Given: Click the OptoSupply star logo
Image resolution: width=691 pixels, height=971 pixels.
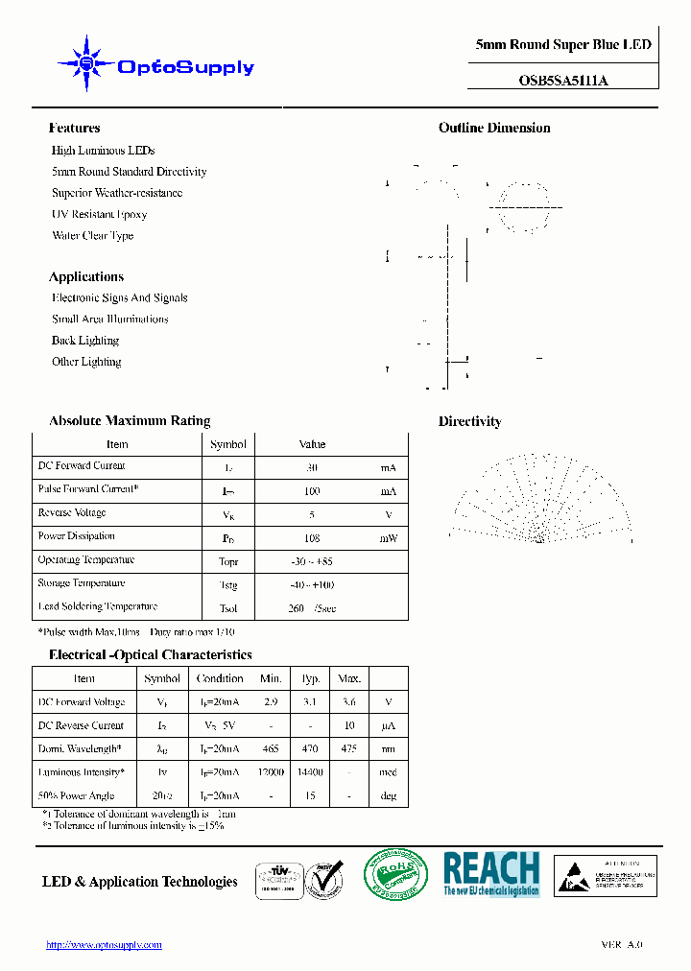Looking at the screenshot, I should [x=87, y=64].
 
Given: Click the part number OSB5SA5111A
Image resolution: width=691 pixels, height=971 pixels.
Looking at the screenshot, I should [x=562, y=81].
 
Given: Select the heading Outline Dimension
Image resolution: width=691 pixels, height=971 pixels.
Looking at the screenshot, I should [x=494, y=128].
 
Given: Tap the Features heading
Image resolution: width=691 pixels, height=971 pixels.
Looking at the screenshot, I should [x=74, y=128].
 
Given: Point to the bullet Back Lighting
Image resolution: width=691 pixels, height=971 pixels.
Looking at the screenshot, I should [x=85, y=341].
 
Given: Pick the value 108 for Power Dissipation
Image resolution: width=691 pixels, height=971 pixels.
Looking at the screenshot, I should [x=311, y=538].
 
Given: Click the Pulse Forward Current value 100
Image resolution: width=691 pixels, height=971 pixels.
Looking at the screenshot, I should [x=311, y=491].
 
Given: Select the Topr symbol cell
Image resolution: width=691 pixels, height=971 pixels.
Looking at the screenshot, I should [x=228, y=562].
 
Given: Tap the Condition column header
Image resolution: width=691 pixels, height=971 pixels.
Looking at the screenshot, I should [x=220, y=678].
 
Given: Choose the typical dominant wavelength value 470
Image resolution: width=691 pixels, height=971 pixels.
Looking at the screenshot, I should [x=310, y=749].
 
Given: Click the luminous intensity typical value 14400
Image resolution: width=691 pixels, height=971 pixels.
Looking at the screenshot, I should [x=310, y=772].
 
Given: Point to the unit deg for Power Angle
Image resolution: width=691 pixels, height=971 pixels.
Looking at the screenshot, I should [x=388, y=796].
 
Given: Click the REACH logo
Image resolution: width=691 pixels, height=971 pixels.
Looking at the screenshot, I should [x=491, y=874].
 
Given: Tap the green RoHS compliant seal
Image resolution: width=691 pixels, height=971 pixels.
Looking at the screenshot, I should [x=395, y=875].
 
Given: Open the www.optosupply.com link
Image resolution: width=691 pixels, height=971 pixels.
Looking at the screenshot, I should [x=104, y=945].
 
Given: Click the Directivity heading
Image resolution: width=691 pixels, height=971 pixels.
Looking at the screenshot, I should [x=469, y=421].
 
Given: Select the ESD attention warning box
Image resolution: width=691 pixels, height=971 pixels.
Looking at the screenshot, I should [x=606, y=876].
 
